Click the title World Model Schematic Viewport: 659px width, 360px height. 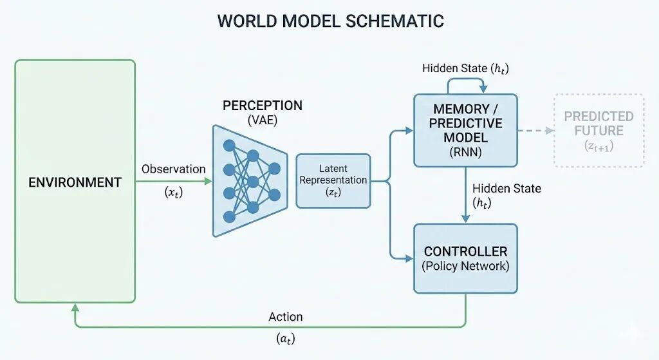(x=330, y=21)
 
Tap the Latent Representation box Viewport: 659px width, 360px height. (x=333, y=180)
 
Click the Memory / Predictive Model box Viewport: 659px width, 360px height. (x=465, y=131)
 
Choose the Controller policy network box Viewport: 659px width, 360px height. (x=465, y=258)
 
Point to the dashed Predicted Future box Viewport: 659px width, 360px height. (x=599, y=130)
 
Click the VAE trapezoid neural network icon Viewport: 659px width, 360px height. (x=250, y=180)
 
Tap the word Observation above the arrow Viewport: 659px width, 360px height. (x=173, y=169)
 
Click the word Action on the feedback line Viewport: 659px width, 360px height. (x=285, y=316)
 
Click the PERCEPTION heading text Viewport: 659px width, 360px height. (x=262, y=106)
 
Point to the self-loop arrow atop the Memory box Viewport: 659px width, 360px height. (x=465, y=81)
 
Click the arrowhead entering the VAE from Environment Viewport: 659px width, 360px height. (x=208, y=181)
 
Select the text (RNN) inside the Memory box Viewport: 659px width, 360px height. (x=465, y=154)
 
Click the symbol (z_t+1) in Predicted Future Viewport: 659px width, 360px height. (x=599, y=147)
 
